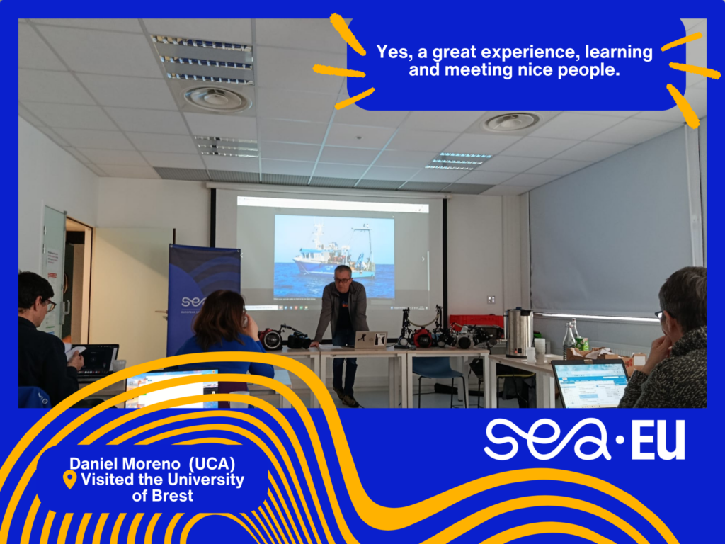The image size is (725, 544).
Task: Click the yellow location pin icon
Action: pos(70,480)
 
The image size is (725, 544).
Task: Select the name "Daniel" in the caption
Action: pos(96,463)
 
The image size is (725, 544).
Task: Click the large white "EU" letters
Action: pos(658,441)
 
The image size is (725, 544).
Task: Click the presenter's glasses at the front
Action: pos(342,279)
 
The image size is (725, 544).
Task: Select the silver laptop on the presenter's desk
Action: pos(370,340)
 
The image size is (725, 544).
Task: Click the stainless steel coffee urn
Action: pos(518,332)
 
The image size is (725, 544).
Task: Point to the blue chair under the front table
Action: pos(436,377)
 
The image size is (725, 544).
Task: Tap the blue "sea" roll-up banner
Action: pos(203,296)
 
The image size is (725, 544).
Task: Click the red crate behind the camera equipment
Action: pos(476,321)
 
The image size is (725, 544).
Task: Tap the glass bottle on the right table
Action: pos(569,340)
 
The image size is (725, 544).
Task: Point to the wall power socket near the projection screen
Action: pos(491,300)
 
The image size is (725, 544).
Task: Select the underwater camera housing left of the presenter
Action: pos(271,339)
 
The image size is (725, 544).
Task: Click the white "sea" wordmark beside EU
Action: pos(547,439)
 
